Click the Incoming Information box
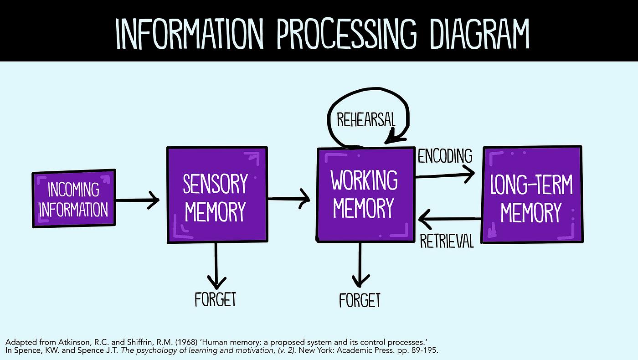(x=74, y=200)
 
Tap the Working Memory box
(x=364, y=195)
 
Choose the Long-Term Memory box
(x=531, y=195)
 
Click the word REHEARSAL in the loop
(x=366, y=120)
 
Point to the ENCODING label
(x=445, y=156)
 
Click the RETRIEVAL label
(x=447, y=241)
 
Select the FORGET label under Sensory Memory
(x=216, y=299)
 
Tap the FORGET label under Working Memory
(x=360, y=300)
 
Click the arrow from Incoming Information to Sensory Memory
(x=137, y=200)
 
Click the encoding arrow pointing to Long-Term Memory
(x=444, y=174)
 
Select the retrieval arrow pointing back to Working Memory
(x=449, y=220)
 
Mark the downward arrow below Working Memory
(x=360, y=264)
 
